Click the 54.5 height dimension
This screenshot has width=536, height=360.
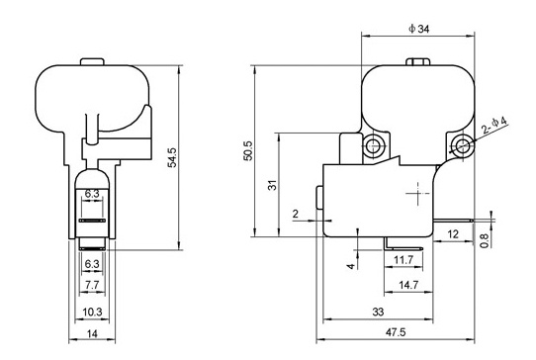173,157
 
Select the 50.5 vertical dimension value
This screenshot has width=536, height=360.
248,150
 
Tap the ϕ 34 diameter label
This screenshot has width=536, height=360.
419,29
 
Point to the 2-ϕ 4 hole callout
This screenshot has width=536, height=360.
495,125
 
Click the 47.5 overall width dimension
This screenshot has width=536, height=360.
396,332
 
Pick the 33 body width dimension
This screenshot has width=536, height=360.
378,312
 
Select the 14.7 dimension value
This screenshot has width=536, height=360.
408,285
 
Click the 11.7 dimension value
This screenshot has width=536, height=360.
403,260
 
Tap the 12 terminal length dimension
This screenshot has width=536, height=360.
453,234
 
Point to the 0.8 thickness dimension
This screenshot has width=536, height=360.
485,240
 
